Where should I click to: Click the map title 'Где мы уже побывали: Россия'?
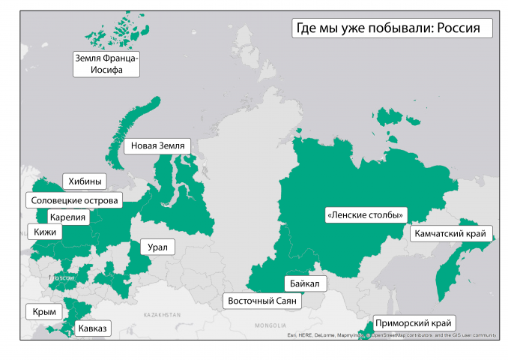click(390, 28)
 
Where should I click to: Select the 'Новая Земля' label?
click(157, 145)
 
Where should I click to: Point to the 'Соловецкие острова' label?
click(73, 200)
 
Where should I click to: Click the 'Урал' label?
click(157, 247)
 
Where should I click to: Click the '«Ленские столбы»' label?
click(366, 215)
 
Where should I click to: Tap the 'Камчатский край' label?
click(453, 234)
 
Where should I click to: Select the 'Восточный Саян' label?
click(262, 301)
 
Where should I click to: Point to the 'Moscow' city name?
click(63, 278)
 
